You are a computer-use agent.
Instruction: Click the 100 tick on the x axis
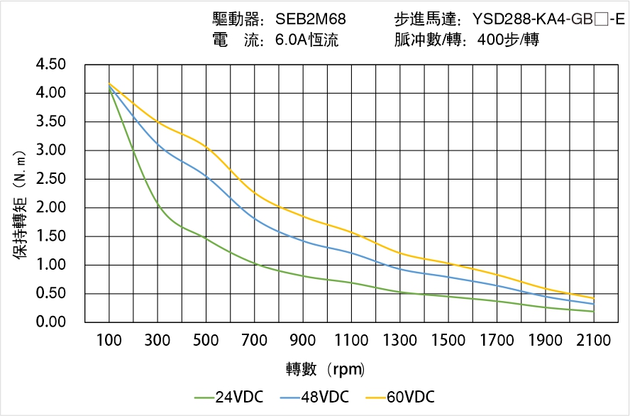(109, 341)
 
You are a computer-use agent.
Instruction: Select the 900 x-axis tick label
(303, 341)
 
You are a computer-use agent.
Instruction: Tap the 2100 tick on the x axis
(594, 341)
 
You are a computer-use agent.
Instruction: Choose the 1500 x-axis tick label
(448, 341)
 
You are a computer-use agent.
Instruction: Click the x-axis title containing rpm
(326, 369)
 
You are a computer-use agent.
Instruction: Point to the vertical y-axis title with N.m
(21, 204)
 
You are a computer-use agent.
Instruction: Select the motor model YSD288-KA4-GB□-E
(548, 19)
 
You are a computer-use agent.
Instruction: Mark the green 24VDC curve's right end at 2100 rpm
(593, 312)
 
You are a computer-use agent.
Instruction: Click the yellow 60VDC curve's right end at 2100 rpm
(593, 298)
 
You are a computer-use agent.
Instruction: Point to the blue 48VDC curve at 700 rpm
(255, 218)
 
